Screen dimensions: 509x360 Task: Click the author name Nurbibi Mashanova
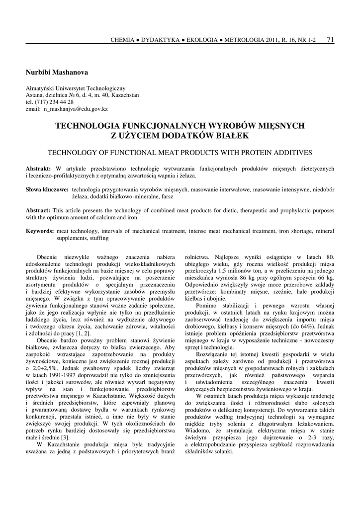[56, 73]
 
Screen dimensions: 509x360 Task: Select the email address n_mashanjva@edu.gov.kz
[76, 108]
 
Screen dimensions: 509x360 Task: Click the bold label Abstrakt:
[38, 169]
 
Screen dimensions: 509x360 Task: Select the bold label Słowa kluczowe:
[47, 190]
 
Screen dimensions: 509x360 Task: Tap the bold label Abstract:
[38, 210]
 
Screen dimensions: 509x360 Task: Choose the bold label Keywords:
[40, 231]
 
